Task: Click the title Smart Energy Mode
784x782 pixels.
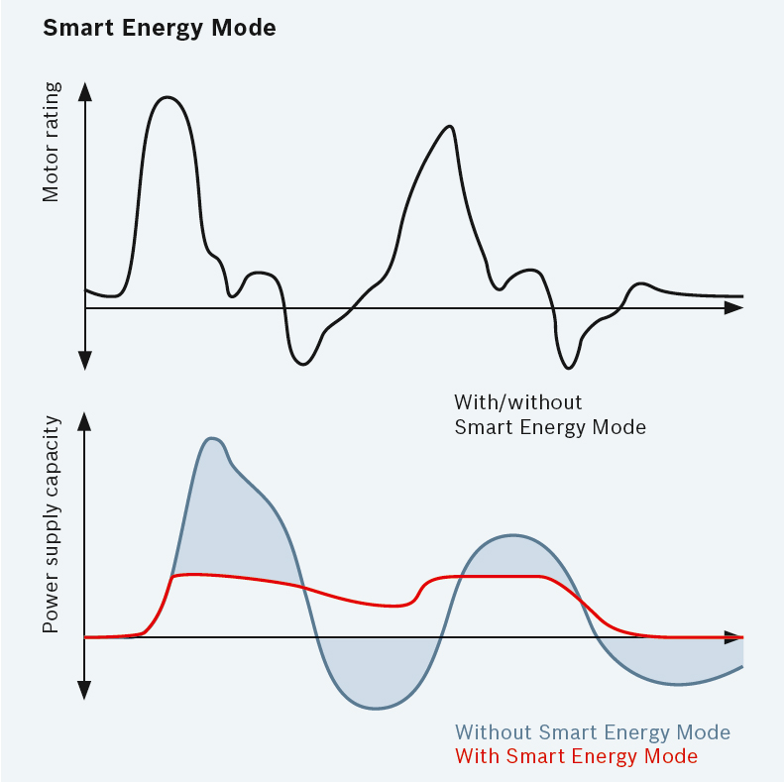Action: [x=159, y=28]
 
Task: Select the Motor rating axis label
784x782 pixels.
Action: [x=52, y=143]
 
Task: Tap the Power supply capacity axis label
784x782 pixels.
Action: [x=52, y=525]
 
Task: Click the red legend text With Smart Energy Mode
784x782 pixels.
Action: [x=576, y=756]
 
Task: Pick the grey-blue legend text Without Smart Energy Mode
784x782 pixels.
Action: [x=593, y=733]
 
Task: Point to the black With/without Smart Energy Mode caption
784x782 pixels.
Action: [x=549, y=415]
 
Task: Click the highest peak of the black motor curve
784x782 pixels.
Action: [x=168, y=97]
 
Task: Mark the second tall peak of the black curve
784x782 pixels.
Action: [x=451, y=126]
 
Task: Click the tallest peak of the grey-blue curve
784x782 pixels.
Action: [x=210, y=437]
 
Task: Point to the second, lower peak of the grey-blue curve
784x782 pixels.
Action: [x=513, y=535]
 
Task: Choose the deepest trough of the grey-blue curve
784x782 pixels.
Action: [x=377, y=708]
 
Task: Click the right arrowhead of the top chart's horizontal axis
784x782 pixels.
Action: [x=734, y=308]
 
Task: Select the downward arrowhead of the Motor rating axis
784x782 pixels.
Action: [x=85, y=361]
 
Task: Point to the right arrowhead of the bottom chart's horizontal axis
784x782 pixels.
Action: [x=734, y=637]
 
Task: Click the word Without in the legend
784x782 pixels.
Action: [x=494, y=733]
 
